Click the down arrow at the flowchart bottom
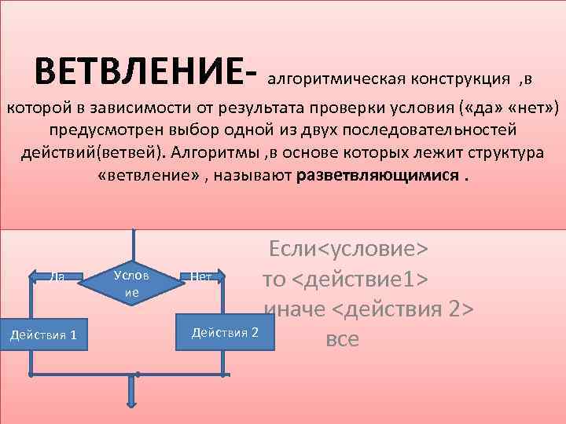click(x=131, y=393)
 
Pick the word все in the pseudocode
click(x=341, y=338)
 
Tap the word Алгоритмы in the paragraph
click(x=219, y=152)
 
